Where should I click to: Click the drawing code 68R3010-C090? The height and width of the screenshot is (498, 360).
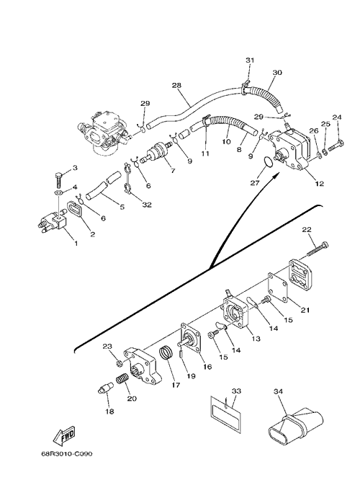point(67,454)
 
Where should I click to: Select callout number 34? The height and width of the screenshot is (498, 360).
point(278,391)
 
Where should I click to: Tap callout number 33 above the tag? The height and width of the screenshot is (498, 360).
point(236,391)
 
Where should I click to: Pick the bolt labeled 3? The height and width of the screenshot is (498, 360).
point(59,179)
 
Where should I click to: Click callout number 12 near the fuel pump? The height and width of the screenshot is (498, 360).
point(320,183)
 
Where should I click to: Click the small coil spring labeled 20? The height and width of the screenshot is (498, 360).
point(123,378)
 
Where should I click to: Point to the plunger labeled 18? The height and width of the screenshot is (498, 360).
point(106,388)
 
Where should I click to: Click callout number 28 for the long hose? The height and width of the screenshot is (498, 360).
point(176,85)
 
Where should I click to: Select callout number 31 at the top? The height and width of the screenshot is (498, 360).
point(250,60)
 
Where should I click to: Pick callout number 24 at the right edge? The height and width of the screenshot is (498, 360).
point(337,117)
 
